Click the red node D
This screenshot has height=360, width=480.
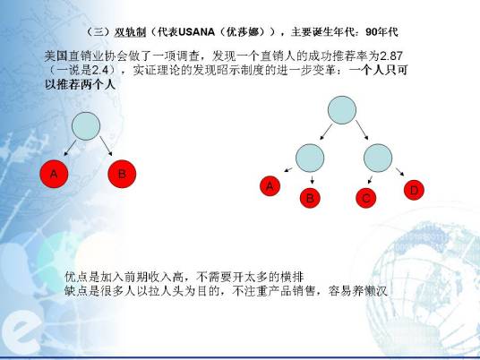(x=415, y=190)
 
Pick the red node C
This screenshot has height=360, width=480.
(x=366, y=196)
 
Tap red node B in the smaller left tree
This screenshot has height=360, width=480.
(x=122, y=174)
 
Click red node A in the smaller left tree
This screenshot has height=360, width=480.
(x=54, y=174)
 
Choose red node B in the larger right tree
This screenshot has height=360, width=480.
(x=311, y=196)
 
